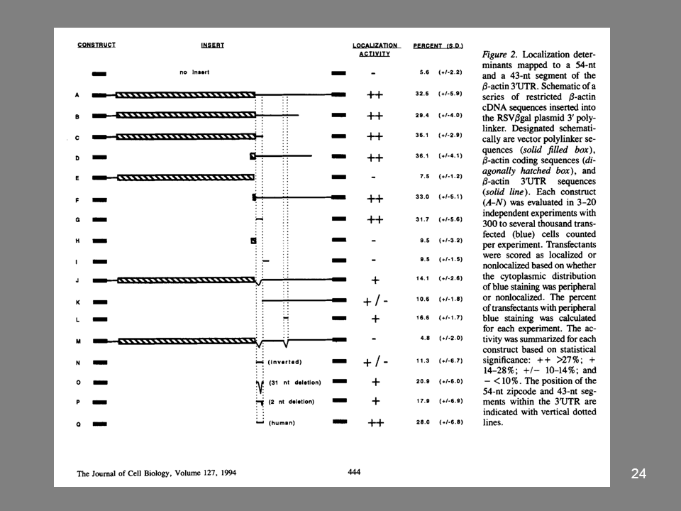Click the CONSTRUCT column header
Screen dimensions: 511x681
click(x=96, y=45)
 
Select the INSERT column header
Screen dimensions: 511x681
click(x=213, y=45)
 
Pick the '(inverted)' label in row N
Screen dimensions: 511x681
click(x=286, y=361)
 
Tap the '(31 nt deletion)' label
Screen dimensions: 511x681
click(x=295, y=382)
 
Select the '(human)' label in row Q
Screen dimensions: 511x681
click(x=282, y=424)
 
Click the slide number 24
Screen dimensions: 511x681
click(x=638, y=475)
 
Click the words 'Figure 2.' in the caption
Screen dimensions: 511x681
click(x=500, y=54)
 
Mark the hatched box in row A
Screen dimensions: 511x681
click(x=184, y=94)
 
